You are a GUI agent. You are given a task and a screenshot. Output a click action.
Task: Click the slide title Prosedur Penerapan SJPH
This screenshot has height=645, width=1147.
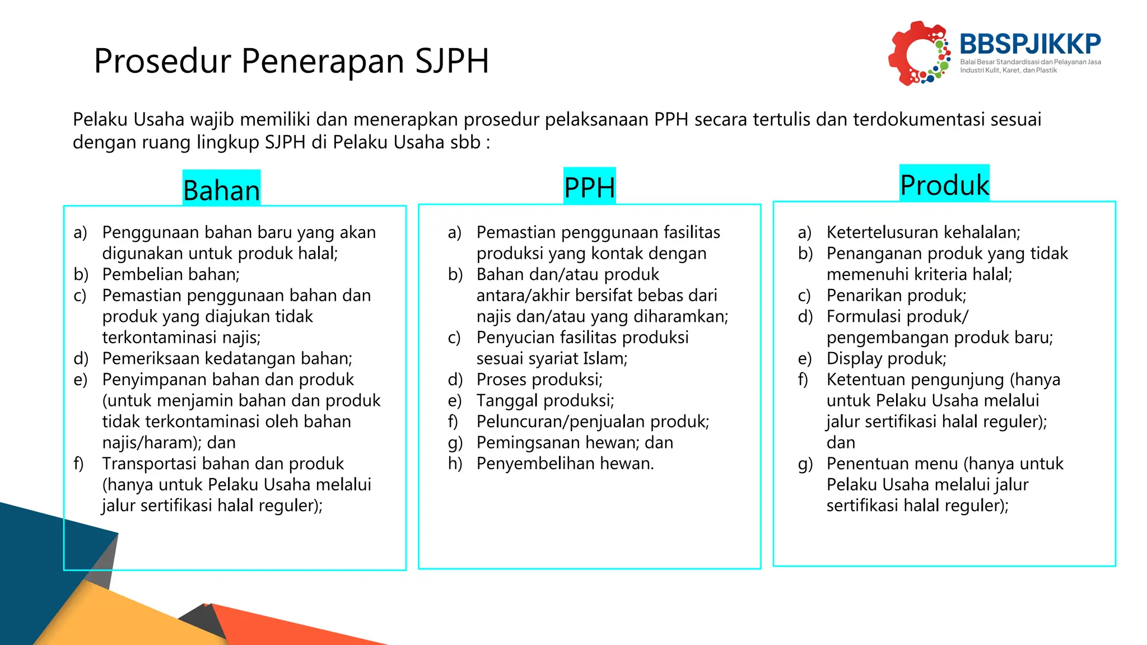pyautogui.click(x=291, y=60)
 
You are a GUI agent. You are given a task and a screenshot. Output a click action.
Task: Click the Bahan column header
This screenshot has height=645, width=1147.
pyautogui.click(x=221, y=190)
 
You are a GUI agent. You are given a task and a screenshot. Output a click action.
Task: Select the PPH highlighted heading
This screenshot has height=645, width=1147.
pyautogui.click(x=589, y=187)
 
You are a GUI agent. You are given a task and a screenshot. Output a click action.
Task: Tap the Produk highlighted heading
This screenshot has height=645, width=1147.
pyautogui.click(x=944, y=185)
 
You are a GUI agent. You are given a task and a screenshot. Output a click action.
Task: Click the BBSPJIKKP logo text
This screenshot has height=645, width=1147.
pyautogui.click(x=1030, y=44)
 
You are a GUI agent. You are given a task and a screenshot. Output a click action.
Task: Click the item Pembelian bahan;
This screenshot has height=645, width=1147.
pyautogui.click(x=171, y=274)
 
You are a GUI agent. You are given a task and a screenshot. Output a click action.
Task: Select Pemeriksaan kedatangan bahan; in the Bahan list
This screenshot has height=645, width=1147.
pyautogui.click(x=227, y=358)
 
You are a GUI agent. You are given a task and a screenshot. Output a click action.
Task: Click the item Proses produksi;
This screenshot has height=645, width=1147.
pyautogui.click(x=539, y=380)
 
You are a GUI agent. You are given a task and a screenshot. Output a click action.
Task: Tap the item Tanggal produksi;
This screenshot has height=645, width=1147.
pyautogui.click(x=545, y=401)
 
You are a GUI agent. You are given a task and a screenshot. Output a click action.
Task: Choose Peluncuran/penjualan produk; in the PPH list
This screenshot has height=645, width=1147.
pyautogui.click(x=593, y=422)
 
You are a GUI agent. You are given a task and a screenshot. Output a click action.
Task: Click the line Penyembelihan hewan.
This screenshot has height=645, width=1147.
pyautogui.click(x=565, y=464)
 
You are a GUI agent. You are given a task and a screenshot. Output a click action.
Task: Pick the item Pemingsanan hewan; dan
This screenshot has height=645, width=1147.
pyautogui.click(x=575, y=443)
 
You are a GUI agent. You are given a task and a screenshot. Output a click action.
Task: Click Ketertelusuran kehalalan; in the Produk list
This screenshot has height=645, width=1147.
pyautogui.click(x=923, y=232)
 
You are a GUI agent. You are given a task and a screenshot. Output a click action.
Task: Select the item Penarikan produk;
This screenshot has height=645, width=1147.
pyautogui.click(x=896, y=296)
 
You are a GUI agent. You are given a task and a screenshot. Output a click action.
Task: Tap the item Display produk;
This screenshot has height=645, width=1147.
pyautogui.click(x=886, y=358)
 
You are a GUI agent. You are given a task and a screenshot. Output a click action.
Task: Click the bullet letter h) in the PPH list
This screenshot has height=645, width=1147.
pyautogui.click(x=455, y=464)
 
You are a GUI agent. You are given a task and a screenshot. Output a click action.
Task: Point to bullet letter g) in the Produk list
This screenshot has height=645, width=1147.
pyautogui.click(x=805, y=464)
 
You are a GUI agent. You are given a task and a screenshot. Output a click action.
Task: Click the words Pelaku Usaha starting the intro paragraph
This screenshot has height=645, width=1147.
pyautogui.click(x=128, y=119)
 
